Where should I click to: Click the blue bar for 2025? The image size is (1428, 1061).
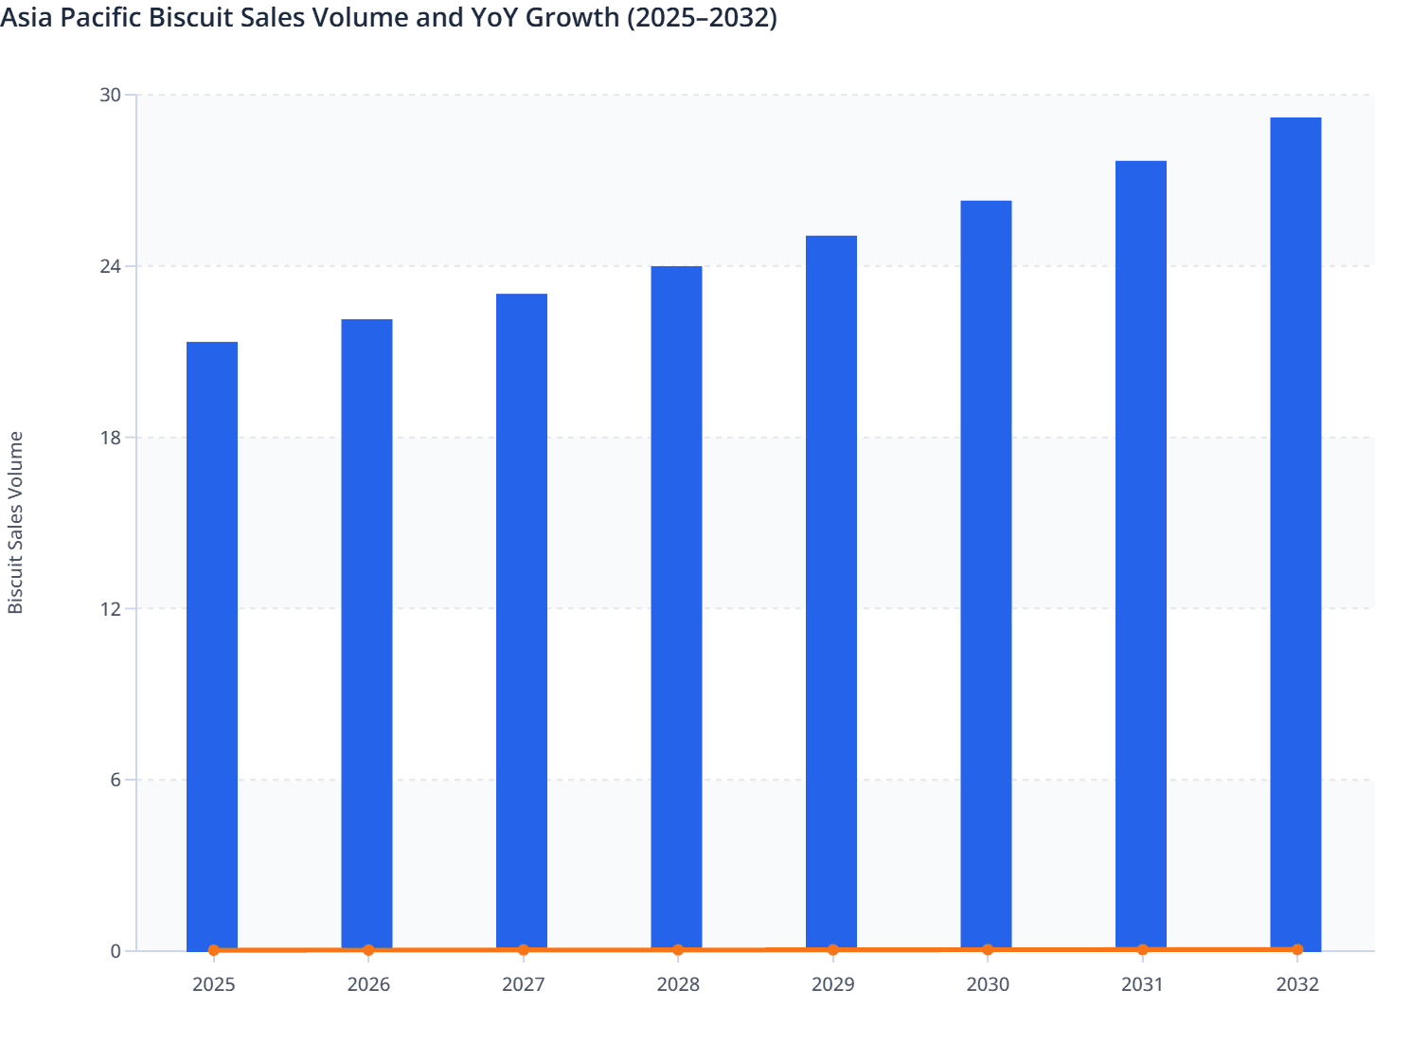click(212, 644)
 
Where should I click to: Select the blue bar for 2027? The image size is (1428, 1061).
click(522, 620)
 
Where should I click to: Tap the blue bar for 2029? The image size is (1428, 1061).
click(831, 592)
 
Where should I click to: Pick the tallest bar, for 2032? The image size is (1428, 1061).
click(1295, 532)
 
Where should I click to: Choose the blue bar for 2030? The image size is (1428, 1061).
click(986, 574)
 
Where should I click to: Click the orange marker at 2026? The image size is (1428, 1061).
click(368, 950)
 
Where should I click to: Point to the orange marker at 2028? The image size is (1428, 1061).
click(678, 950)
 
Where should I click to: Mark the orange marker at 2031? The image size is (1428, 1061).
click(1142, 949)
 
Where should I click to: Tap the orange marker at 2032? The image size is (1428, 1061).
click(1297, 949)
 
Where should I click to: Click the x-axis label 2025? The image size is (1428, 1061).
click(213, 985)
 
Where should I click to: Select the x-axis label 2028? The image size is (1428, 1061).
click(678, 985)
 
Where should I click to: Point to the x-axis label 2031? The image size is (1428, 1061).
click(1142, 985)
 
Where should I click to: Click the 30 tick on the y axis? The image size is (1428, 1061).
click(111, 95)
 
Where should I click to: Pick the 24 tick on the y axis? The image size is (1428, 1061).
click(111, 266)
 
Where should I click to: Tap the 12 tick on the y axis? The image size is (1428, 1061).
click(111, 608)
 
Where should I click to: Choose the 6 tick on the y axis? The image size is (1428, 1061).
click(116, 780)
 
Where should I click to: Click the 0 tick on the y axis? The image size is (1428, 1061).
click(116, 951)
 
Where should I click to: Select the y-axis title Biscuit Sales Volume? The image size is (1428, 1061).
click(16, 522)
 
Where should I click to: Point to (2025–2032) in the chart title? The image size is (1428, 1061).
click(702, 17)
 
